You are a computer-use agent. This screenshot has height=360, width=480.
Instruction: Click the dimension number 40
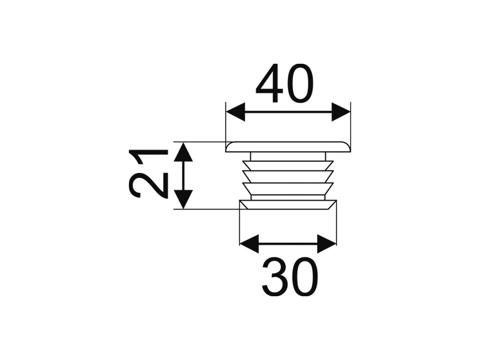pos(285,83)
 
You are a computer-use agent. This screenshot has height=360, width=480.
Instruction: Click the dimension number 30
pos(289,277)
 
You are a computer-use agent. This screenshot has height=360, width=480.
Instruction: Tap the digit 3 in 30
pos(274,277)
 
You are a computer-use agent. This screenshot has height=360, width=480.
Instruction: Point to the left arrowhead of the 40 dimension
pos(236,112)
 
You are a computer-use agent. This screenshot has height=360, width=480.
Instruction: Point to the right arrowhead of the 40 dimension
pos(341,112)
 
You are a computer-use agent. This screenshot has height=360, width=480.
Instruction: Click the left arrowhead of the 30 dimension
pos(249,244)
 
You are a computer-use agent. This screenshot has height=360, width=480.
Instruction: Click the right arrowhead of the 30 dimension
pos(327,244)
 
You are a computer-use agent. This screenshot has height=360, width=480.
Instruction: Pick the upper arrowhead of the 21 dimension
pos(183,152)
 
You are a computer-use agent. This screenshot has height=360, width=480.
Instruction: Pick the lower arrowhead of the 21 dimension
pos(183,200)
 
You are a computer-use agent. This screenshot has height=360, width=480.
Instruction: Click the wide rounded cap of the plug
pos(288,147)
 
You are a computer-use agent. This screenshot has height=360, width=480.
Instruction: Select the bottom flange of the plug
pos(288,205)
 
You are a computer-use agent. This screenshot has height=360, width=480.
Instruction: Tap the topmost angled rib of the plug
pos(288,165)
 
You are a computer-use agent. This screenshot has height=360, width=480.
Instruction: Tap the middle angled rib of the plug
pos(288,177)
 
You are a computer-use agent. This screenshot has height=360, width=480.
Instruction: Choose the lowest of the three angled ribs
pos(288,188)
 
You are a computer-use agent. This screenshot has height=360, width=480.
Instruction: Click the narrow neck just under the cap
pos(288,156)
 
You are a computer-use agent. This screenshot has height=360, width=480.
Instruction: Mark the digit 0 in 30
pos(305,277)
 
